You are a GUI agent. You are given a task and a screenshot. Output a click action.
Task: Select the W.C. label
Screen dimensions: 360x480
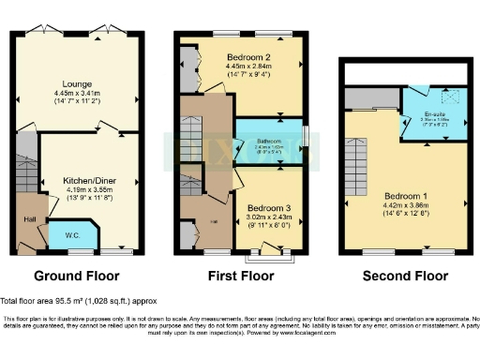pos(72,235)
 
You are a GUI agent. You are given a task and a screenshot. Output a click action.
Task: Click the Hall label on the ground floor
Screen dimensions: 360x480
pos(30,220)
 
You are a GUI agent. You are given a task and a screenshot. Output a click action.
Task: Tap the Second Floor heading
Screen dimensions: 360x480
pos(406,277)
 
